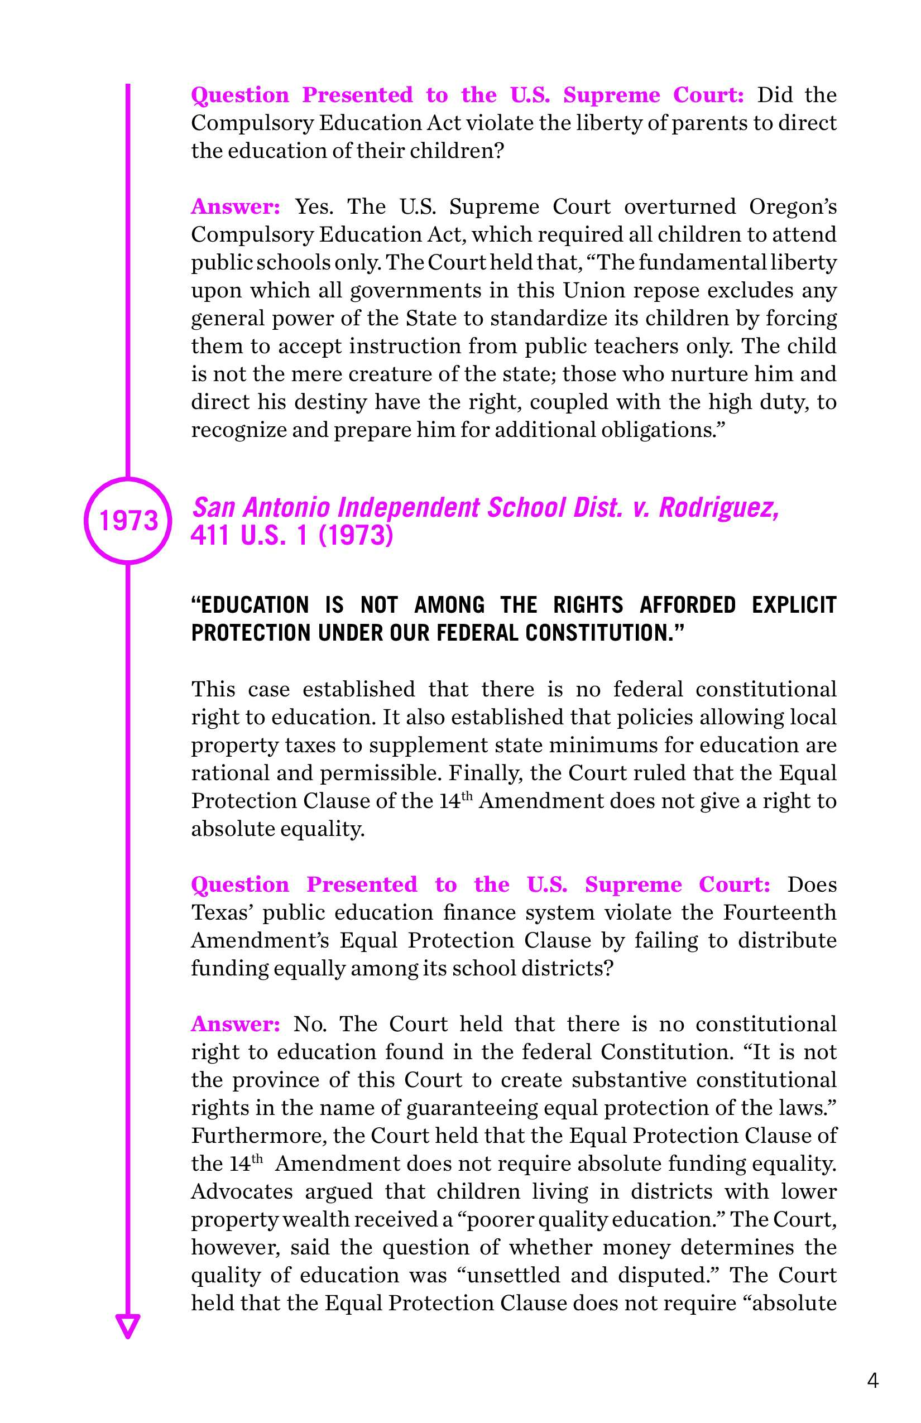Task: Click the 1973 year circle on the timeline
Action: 128,520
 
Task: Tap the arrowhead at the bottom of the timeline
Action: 127,1324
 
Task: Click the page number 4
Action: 872,1381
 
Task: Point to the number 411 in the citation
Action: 210,535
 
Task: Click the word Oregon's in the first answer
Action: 793,206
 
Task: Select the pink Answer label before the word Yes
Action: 235,206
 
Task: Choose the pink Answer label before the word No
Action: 235,1024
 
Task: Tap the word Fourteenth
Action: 779,912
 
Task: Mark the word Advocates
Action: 242,1191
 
